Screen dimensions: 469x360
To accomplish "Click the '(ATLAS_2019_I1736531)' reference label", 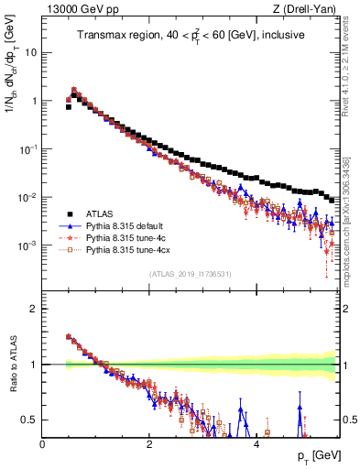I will pyautogui.click(x=190, y=274).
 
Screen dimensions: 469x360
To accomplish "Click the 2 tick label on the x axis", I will pyautogui.click(x=149, y=442).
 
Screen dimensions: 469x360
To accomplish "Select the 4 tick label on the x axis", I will pyautogui.click(x=256, y=442).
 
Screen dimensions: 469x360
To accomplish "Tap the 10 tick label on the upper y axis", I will pyautogui.click(x=29, y=52).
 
